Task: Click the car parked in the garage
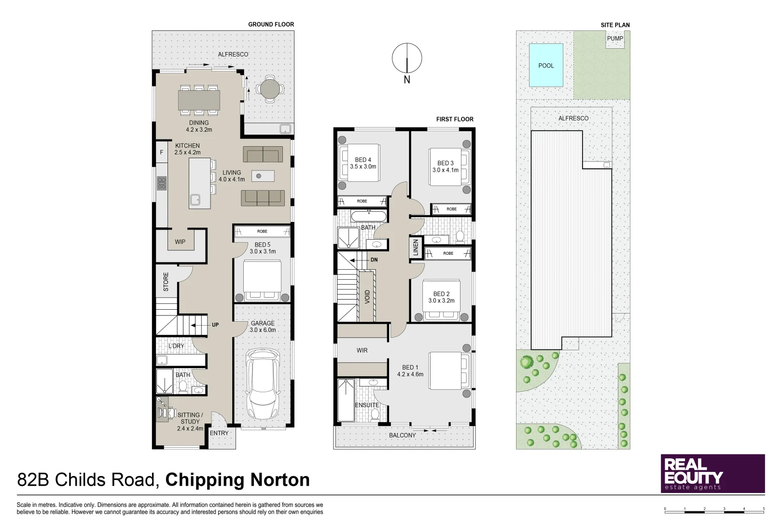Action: (263, 384)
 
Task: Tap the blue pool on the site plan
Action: (546, 66)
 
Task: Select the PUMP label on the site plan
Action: (614, 39)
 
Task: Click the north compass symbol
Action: (407, 59)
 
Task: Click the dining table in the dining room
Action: (199, 100)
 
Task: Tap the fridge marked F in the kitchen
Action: (162, 152)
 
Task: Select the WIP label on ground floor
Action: (180, 242)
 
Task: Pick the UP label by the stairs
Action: (215, 325)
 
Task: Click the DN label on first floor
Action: (374, 260)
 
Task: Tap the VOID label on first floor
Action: (367, 297)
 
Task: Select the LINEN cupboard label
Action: (416, 247)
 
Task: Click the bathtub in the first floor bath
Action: (368, 216)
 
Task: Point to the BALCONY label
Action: (402, 436)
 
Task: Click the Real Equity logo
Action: (712, 473)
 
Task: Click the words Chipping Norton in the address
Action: (237, 480)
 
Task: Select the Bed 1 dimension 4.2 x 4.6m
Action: (410, 374)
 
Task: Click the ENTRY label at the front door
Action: (219, 433)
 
